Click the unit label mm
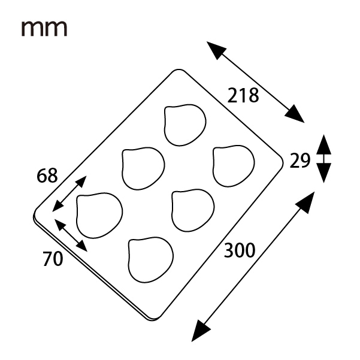pos(44,28)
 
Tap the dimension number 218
pos(243,95)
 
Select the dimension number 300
pos(240,250)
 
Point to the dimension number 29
pos(300,161)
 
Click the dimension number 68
pos(47,176)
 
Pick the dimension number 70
pos(53,259)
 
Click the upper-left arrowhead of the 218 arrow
pos(216,50)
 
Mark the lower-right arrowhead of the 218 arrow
pos(295,114)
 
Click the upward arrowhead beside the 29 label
pos(323,144)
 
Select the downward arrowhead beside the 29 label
pos(323,173)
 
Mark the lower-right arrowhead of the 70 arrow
pos(82,247)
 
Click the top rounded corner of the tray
pos(179,70)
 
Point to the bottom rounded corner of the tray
pos(153,319)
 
